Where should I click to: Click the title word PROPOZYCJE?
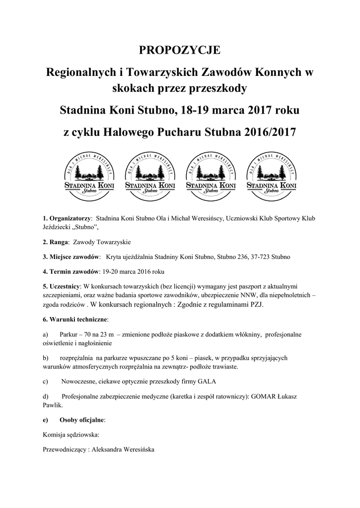(179, 50)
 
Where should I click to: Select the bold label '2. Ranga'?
(56, 243)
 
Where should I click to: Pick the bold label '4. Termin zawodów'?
(71, 271)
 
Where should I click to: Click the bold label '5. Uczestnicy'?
(62, 286)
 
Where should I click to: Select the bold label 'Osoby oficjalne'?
(82, 420)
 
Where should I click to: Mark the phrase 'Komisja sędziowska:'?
(72, 435)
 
